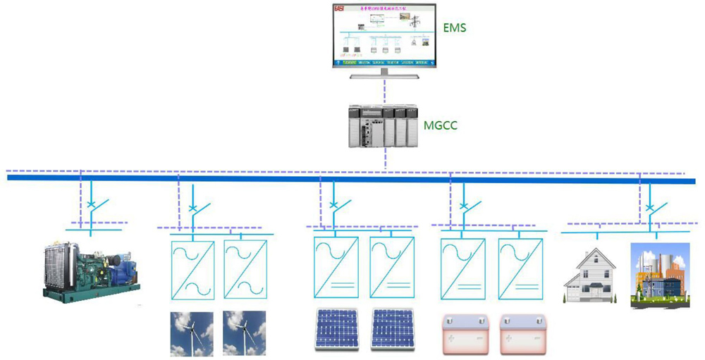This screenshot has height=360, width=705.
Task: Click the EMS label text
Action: point(455,29)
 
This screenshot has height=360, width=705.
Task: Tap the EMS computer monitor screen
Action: point(384,35)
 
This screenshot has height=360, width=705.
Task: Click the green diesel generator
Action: point(91,271)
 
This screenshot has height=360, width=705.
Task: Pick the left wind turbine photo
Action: point(191,334)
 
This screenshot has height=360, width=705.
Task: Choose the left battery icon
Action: point(462,333)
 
